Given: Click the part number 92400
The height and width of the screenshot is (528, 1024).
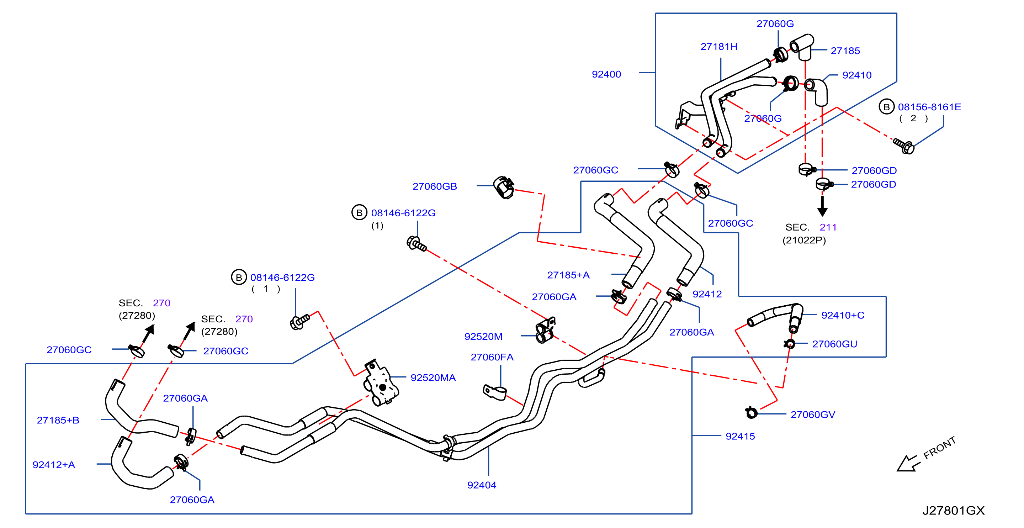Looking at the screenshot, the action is tap(606, 74).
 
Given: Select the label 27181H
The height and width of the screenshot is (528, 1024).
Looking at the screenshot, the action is tap(719, 47).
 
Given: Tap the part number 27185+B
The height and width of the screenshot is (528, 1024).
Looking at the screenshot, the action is tap(58, 420).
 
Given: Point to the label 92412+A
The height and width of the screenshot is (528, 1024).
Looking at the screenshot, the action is tap(54, 465).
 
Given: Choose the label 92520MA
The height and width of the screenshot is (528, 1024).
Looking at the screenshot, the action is tap(433, 378).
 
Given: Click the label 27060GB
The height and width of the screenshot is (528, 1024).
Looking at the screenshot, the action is tap(435, 186).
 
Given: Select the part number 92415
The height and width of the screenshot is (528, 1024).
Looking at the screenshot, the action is tap(740, 436).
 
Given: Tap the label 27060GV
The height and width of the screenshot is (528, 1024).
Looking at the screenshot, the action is tap(813, 415).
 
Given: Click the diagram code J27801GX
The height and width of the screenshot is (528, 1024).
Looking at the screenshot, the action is tap(953, 511).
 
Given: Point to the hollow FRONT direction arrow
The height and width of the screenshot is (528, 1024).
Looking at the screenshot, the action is tap(908, 464).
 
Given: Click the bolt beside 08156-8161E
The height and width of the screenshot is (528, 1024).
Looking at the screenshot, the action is tap(903, 146).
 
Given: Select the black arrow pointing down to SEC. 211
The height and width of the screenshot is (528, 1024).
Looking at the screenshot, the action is tap(822, 206).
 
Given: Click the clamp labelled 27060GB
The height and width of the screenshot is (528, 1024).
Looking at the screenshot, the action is tap(504, 187).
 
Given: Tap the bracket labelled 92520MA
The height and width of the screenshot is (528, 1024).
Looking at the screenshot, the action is tap(381, 383).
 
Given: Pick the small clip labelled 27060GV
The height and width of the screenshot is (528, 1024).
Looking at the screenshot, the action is tap(751, 413).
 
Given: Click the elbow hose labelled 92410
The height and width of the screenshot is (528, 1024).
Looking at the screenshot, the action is tap(817, 91).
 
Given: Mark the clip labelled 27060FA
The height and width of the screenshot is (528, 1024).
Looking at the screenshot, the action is tap(494, 392).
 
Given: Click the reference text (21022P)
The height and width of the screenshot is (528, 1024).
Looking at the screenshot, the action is tap(804, 241).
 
